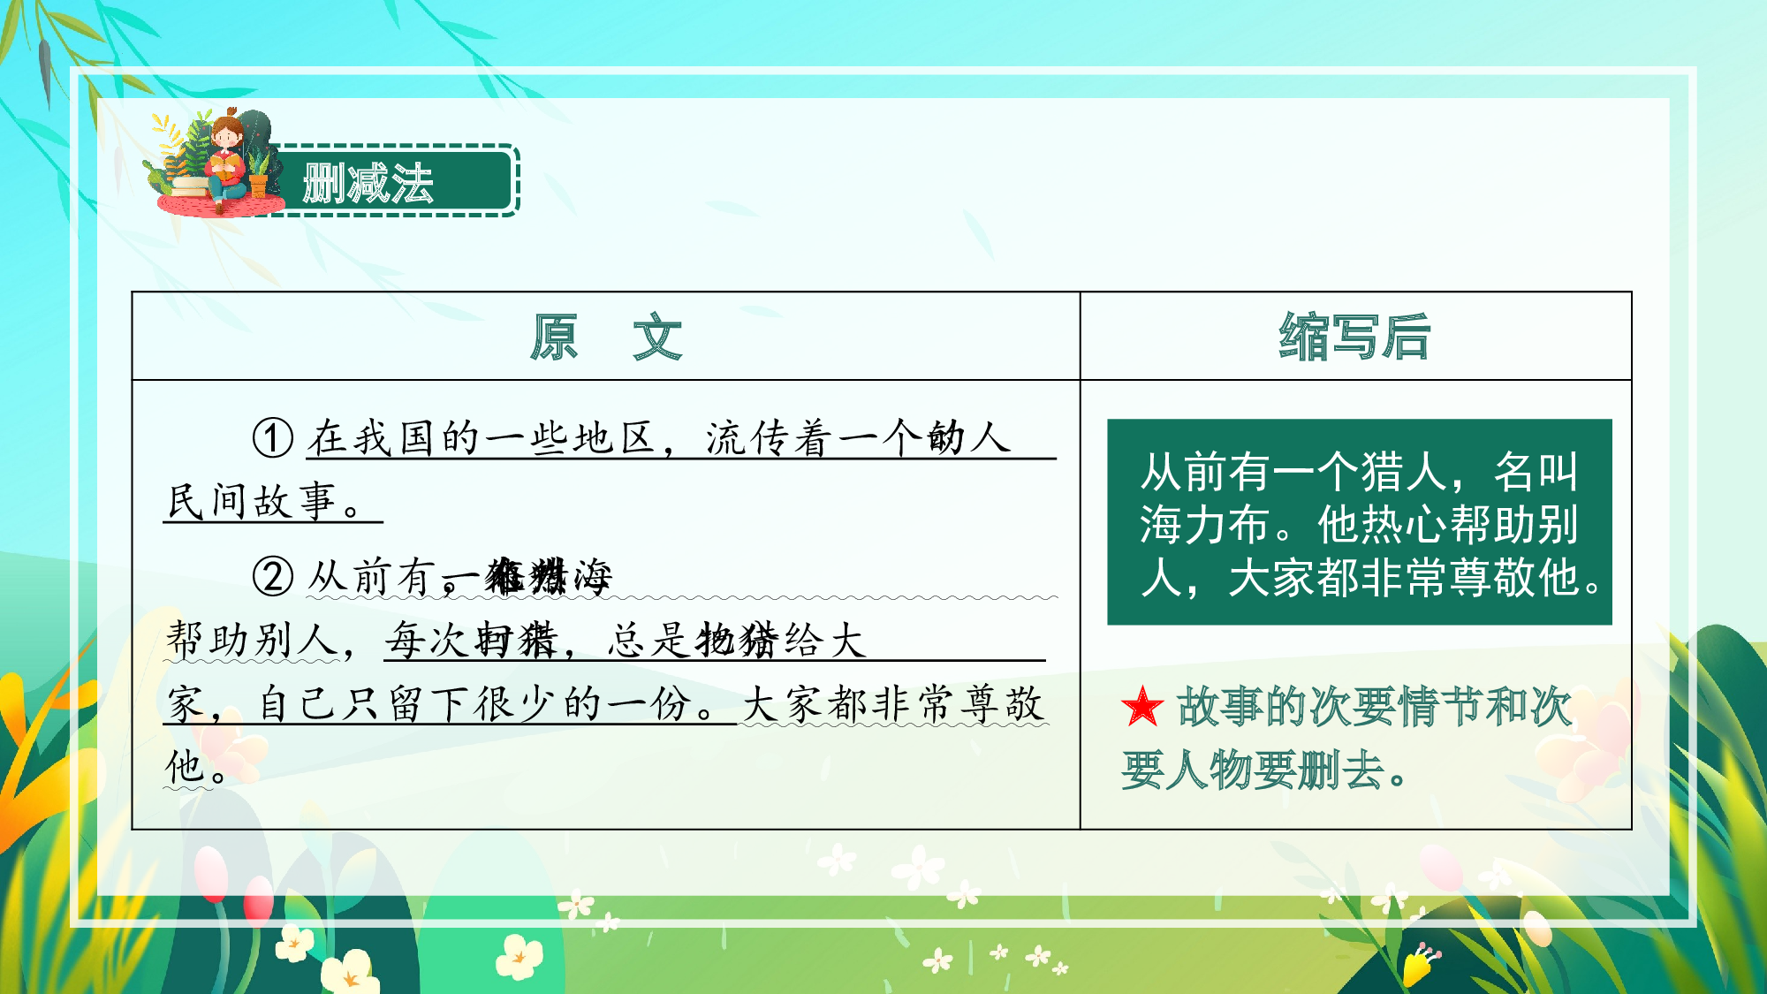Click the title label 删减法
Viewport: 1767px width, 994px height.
pos(368,183)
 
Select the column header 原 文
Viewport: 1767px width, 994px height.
pos(605,337)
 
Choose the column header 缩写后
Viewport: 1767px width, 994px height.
pos(1354,337)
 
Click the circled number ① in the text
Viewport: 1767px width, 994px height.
pos(273,437)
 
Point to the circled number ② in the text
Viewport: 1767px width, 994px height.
pos(273,577)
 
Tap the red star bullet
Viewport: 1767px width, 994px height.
pos(1142,707)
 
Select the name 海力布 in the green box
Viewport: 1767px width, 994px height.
pos(1204,525)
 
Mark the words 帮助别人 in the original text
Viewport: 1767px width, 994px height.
pos(253,640)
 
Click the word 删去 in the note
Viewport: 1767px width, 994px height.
pos(1340,770)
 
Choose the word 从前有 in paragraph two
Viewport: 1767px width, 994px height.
pos(372,577)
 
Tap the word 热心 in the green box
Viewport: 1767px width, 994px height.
pos(1404,525)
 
